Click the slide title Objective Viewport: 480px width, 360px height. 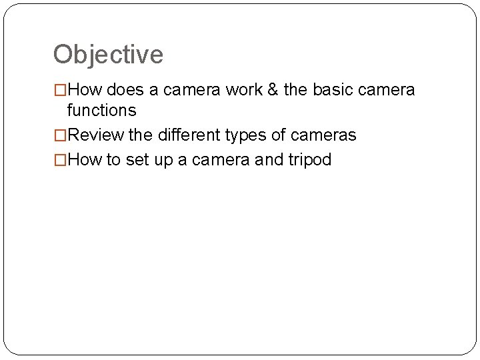tap(108, 55)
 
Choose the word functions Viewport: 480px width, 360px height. tap(101, 109)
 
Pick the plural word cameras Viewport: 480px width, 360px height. tap(323, 136)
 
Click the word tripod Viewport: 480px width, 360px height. tap(309, 160)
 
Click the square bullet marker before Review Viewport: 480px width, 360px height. tap(60, 136)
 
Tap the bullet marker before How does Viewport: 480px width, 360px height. tap(60, 89)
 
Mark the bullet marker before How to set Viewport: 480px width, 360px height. tap(60, 160)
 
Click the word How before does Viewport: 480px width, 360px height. tap(82, 89)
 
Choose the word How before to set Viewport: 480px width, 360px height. tap(82, 160)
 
